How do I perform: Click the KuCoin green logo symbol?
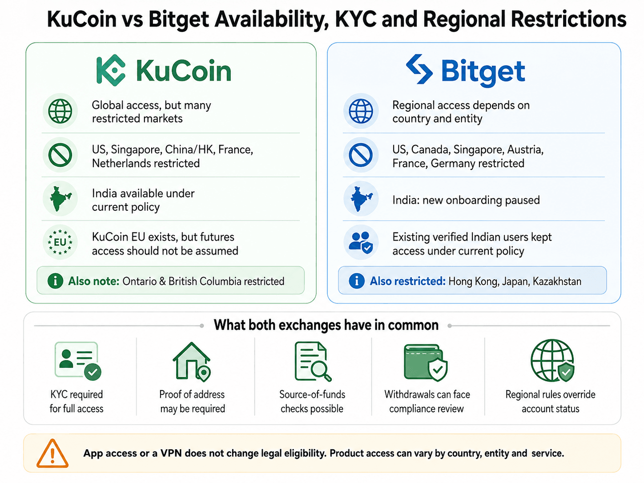point(111,70)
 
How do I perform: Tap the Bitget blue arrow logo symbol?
point(419,69)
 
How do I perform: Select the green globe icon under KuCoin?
point(60,111)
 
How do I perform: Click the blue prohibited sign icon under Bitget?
point(361,155)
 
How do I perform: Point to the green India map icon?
point(60,198)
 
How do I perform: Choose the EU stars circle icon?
point(60,242)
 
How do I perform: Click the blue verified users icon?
point(361,242)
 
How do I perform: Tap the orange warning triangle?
point(52,453)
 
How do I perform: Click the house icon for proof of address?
point(192,362)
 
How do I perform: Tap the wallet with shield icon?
point(426,362)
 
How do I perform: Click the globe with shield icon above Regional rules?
point(552,360)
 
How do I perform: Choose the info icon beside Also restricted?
point(357,281)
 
